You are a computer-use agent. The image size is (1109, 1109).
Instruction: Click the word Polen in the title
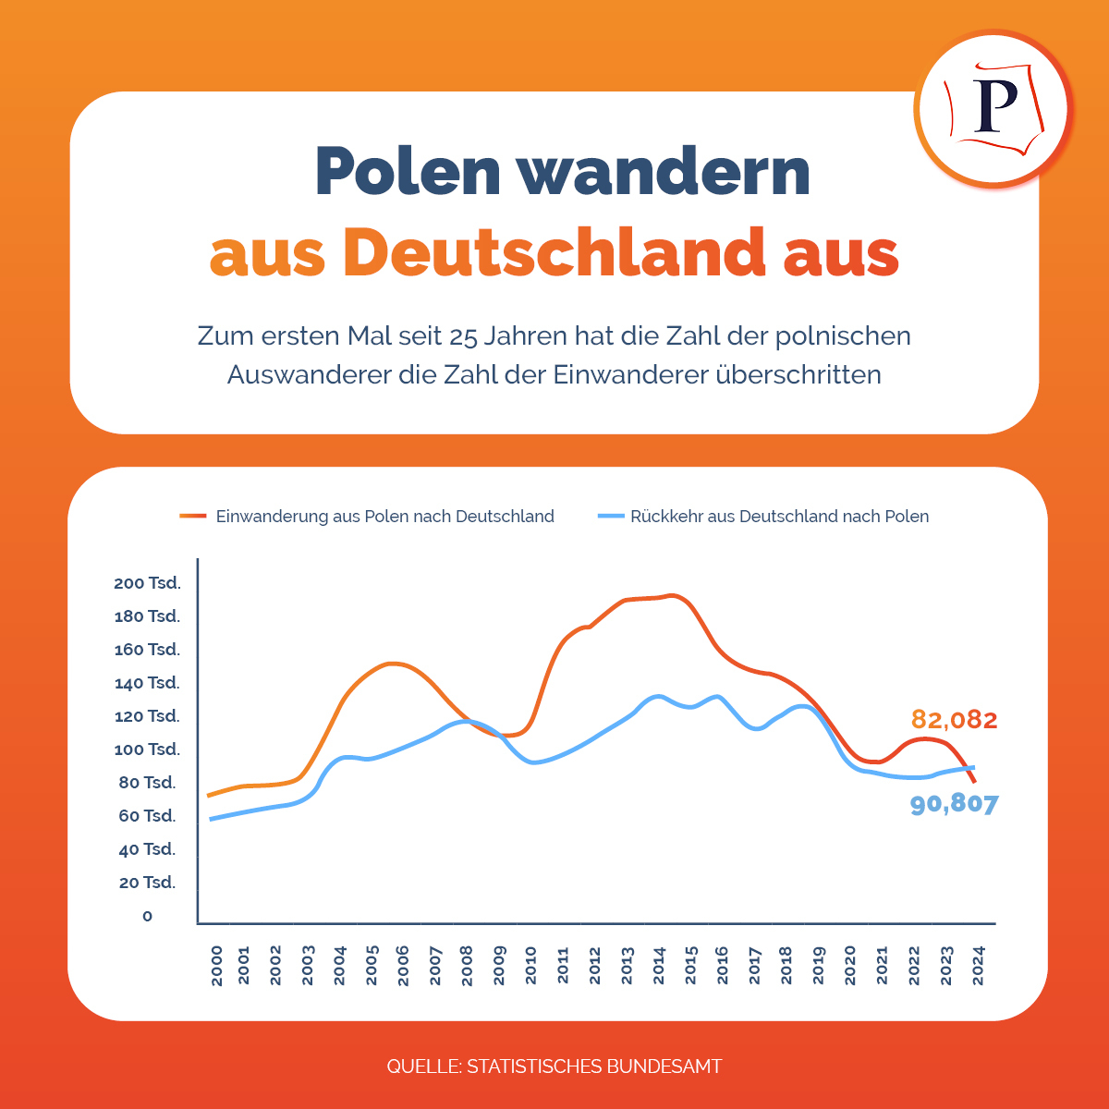tap(407, 171)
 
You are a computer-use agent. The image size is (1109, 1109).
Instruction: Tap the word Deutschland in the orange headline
tap(554, 251)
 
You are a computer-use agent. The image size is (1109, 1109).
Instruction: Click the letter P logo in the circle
tap(994, 109)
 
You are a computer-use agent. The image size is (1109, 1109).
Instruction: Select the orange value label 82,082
tap(955, 719)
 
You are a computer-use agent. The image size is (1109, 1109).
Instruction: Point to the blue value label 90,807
tap(955, 804)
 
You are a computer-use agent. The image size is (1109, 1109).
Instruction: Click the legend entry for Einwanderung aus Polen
tap(384, 517)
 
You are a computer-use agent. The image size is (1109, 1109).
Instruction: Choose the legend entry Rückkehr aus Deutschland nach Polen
tap(779, 517)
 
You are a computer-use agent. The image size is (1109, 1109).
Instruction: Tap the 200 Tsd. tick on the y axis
tap(147, 583)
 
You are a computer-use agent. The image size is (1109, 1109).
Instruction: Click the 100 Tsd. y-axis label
tap(147, 749)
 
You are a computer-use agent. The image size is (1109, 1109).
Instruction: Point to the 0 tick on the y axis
tap(148, 916)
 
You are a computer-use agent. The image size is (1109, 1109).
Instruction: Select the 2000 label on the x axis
tap(216, 965)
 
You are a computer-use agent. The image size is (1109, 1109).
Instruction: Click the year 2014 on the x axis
tap(659, 965)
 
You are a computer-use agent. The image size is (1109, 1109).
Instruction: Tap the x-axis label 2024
tap(978, 965)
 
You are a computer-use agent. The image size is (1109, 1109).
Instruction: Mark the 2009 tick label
tap(500, 965)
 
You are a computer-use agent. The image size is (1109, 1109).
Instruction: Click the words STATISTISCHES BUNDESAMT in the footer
tap(594, 1066)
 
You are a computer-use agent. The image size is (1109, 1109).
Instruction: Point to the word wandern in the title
tap(663, 171)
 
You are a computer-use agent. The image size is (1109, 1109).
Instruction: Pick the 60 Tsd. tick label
tap(147, 816)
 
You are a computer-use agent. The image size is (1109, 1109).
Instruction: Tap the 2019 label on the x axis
tap(819, 965)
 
